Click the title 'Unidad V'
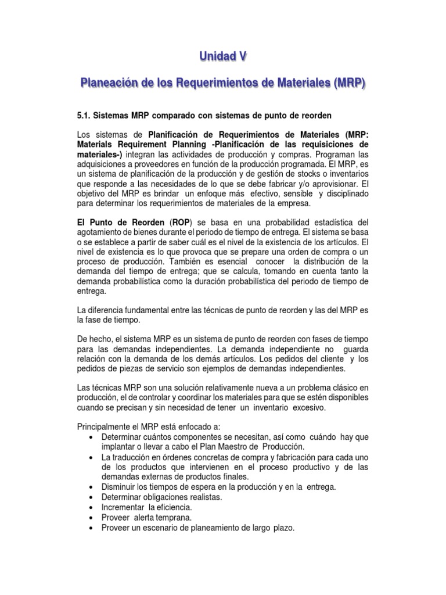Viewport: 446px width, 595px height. tap(223, 56)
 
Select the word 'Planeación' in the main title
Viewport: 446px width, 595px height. tap(110, 84)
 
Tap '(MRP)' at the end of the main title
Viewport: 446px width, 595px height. tap(347, 84)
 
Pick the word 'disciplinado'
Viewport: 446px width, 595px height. tap(339, 193)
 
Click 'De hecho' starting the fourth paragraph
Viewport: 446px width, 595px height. tap(93, 339)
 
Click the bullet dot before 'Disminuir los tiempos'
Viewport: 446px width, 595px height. tap(93, 486)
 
